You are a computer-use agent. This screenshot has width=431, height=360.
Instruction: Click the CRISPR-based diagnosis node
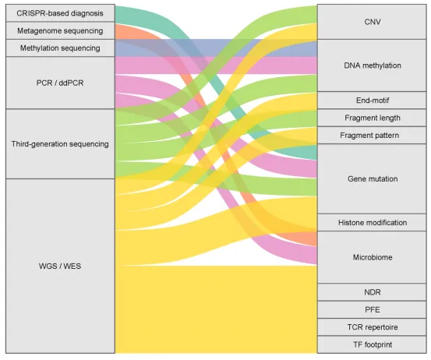(60, 13)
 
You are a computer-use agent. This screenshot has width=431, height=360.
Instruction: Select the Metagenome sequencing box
(60, 30)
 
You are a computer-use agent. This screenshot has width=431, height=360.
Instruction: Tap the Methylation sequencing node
(60, 48)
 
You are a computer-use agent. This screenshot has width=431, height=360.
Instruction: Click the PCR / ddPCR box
(60, 83)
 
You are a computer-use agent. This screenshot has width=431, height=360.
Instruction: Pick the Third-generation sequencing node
(60, 143)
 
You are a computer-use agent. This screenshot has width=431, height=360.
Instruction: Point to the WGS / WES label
(60, 266)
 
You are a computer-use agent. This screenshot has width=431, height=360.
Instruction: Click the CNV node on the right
(372, 22)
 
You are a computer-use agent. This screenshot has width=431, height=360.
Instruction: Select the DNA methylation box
(372, 65)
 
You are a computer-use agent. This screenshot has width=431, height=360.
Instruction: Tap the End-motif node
(372, 101)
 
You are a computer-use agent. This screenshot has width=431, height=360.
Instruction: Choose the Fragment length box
(372, 118)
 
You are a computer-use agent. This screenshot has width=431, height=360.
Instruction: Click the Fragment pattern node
(372, 136)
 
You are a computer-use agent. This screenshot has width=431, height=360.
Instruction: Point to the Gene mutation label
(373, 179)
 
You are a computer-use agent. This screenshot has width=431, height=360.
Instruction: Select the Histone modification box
(372, 222)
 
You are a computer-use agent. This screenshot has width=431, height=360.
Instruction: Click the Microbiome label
(373, 257)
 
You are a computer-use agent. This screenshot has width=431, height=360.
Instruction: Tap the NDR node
(372, 292)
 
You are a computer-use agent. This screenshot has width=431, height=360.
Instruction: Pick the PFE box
(372, 309)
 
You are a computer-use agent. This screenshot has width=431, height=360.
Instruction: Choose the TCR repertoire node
(372, 327)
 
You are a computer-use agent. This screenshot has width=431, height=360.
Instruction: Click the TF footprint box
(372, 344)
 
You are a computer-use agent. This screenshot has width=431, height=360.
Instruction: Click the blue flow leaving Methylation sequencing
(216, 48)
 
